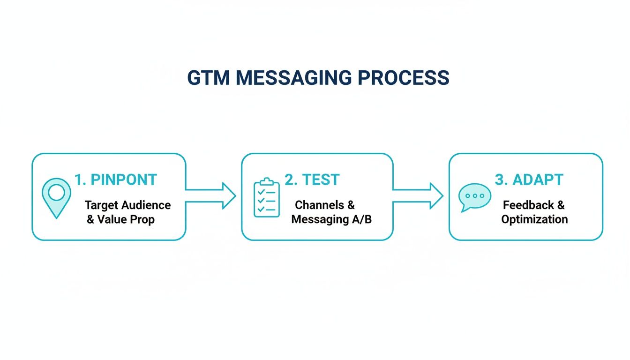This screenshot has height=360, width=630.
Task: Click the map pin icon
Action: pos(56,197)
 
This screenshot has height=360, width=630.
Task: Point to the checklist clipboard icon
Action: pos(266,197)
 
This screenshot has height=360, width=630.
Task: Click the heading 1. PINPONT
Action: pos(116,180)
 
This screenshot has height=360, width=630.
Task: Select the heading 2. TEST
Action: pos(312,180)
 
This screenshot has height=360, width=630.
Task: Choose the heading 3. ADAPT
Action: pos(529,180)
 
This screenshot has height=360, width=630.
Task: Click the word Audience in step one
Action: pos(146,205)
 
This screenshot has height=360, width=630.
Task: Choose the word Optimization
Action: pos(534,219)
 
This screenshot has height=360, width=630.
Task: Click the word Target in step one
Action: pos(101,205)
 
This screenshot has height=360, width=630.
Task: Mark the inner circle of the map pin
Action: pos(56,192)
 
